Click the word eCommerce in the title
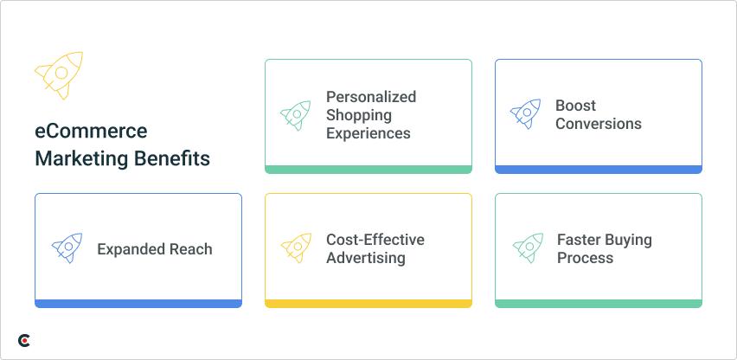click(91, 132)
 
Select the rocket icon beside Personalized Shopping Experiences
click(296, 115)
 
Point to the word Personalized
click(371, 97)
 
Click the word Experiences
click(368, 133)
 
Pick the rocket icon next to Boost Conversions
click(526, 114)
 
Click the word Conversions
click(599, 124)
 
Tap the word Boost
click(576, 106)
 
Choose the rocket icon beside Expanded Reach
click(67, 248)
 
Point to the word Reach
click(190, 249)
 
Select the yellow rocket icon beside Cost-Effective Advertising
click(296, 248)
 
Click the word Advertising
click(365, 258)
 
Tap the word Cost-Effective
click(375, 240)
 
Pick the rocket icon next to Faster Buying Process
click(528, 248)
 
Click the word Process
click(585, 258)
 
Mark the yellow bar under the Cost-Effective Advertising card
click(368, 304)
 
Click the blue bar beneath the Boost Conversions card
click(599, 170)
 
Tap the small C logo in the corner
click(24, 341)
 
